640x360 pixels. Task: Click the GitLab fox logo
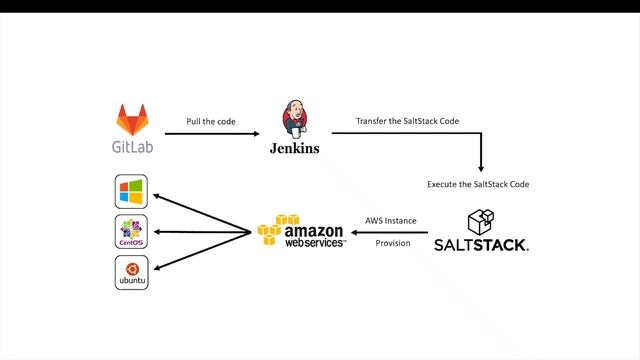pos(132,121)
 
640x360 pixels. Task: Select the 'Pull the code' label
pos(212,121)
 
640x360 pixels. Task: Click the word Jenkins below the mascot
pos(294,148)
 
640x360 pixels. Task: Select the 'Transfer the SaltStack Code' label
pos(408,121)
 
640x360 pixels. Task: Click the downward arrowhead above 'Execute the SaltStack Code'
pos(481,167)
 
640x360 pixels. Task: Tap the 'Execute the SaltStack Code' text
pos(478,184)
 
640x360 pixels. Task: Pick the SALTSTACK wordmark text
pos(481,245)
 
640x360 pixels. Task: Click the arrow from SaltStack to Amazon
pos(391,232)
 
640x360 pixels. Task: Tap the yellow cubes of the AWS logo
pos(277,231)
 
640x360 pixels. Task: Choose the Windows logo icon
pos(131,191)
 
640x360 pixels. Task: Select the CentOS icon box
pos(131,232)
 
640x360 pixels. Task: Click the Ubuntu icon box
pos(131,273)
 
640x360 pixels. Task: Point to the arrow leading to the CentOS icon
pos(200,232)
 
